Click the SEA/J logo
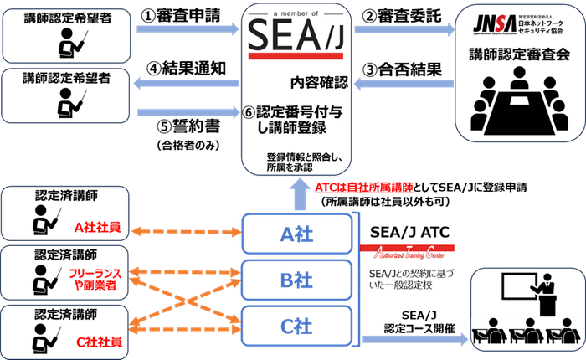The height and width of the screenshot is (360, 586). click(x=296, y=39)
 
